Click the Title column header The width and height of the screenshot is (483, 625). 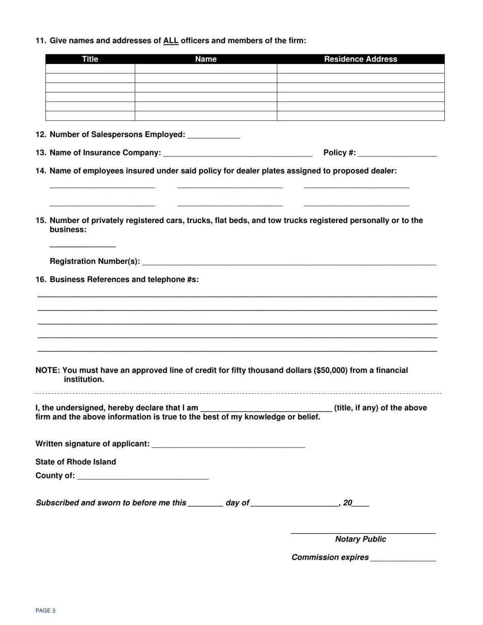click(x=90, y=59)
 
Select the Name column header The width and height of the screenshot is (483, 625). click(x=206, y=59)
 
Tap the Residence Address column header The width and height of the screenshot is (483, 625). click(x=360, y=59)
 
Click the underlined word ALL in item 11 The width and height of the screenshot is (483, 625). click(x=171, y=41)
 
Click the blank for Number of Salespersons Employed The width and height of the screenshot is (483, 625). click(x=214, y=135)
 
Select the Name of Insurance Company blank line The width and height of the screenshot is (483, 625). click(x=238, y=153)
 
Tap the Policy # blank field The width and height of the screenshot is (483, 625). click(x=398, y=153)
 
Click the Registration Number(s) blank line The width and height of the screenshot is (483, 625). click(x=289, y=262)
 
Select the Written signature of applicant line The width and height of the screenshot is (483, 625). click(x=228, y=445)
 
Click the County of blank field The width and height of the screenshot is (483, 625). click(x=143, y=477)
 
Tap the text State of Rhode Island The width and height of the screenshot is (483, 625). click(x=76, y=462)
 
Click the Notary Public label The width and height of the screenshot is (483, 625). click(x=360, y=540)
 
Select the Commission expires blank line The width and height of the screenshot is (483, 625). click(x=403, y=558)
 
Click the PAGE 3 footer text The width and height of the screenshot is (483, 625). click(x=45, y=611)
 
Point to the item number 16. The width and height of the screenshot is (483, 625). click(x=41, y=279)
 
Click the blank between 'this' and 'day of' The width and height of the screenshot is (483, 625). click(x=205, y=504)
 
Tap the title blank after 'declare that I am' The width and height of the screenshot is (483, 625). click(x=266, y=409)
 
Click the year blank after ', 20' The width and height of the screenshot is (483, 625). click(x=360, y=504)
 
